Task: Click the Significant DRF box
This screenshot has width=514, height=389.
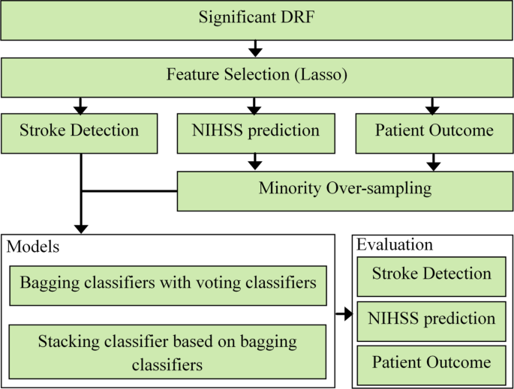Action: point(257,19)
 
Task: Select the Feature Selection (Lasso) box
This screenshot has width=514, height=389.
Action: point(257,76)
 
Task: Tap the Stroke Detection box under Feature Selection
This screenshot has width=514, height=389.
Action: point(79,132)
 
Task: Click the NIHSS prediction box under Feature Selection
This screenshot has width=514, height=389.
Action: point(256,132)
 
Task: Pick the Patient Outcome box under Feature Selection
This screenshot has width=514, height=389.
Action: point(434,132)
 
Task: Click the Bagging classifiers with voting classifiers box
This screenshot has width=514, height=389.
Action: point(168,285)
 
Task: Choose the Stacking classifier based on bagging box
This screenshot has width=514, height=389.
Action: point(168,352)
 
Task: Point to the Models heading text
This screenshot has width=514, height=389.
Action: point(33,247)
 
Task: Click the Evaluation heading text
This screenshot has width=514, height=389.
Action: point(395,245)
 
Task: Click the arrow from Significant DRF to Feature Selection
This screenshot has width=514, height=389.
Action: point(256,49)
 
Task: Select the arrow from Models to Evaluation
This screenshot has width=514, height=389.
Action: point(343,313)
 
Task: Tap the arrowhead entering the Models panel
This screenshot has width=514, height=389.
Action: point(81,227)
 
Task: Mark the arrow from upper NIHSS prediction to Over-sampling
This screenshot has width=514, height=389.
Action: point(256,160)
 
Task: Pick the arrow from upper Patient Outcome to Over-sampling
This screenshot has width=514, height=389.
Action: point(433,160)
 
